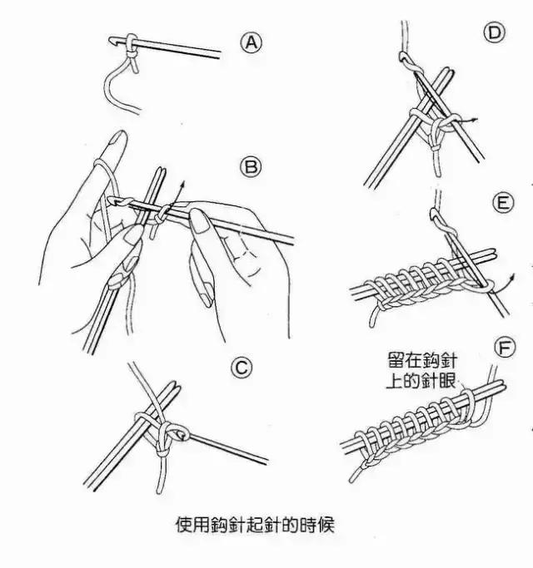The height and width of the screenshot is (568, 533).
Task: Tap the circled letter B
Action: coord(250,166)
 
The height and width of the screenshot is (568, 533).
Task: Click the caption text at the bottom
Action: coord(254,526)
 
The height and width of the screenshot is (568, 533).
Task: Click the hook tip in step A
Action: coord(112,38)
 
